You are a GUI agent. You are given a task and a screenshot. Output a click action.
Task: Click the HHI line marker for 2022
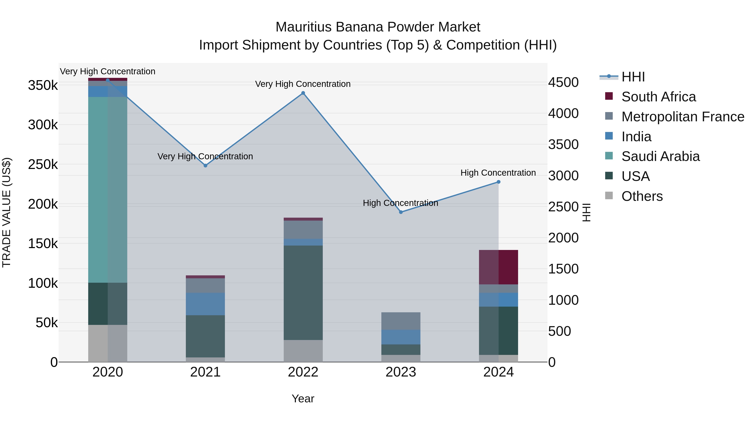[x=303, y=93]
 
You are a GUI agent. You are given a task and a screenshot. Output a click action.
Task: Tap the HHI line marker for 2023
[x=401, y=212]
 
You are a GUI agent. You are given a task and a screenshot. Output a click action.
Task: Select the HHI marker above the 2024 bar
[x=498, y=182]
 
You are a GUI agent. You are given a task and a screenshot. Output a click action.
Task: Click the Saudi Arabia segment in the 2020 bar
[x=108, y=190]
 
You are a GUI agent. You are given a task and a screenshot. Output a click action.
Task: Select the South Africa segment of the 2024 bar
[x=498, y=267]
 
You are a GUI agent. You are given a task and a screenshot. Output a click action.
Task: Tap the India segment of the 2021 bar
[x=205, y=304]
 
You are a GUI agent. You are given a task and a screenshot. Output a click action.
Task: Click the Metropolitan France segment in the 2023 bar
[x=401, y=321]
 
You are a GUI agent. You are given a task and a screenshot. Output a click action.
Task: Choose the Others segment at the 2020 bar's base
[x=108, y=343]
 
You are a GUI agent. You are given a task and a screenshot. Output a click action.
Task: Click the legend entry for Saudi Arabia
[x=660, y=156]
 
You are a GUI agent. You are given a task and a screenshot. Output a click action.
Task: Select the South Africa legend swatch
[x=609, y=96]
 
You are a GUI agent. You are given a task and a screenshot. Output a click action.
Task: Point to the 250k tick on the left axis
[x=43, y=165]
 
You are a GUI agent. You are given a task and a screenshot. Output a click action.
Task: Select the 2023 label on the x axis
[x=401, y=372]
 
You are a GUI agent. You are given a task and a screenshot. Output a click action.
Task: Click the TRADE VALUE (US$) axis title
[x=7, y=212]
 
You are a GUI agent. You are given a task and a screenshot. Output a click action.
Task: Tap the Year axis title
[x=303, y=399]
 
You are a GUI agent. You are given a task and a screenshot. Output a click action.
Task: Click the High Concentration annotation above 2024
[x=498, y=173]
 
